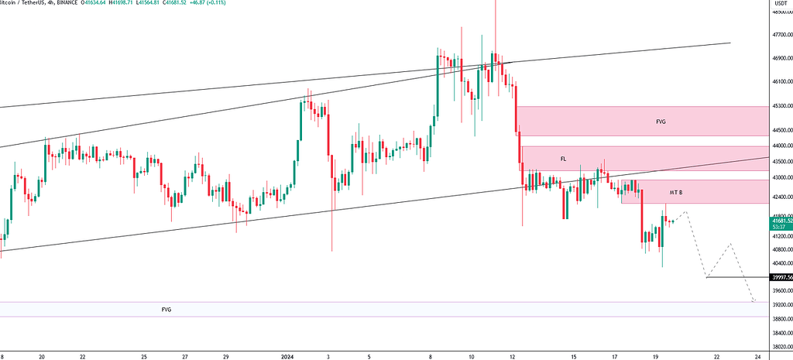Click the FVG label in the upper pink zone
660,122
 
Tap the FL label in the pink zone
564,159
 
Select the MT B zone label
676,191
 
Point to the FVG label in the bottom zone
166,310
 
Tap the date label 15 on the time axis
574,357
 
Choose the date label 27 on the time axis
185,357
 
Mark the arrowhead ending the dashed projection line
754,300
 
